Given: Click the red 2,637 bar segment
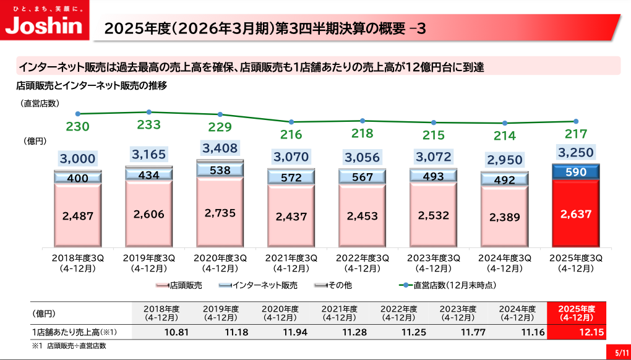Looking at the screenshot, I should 576,214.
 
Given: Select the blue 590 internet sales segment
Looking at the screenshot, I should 576,172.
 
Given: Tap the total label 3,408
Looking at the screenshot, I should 220,148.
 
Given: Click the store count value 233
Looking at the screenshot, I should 148,126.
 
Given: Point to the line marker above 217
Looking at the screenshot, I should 576,121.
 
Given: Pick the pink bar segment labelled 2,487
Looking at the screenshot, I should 78,216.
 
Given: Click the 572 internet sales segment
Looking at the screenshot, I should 291,178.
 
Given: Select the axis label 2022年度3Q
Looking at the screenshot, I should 363,258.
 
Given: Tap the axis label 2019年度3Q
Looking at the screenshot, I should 148,258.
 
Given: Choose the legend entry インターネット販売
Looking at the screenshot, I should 259,286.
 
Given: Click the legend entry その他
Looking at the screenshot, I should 334,286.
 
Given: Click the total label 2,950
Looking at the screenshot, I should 505,160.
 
